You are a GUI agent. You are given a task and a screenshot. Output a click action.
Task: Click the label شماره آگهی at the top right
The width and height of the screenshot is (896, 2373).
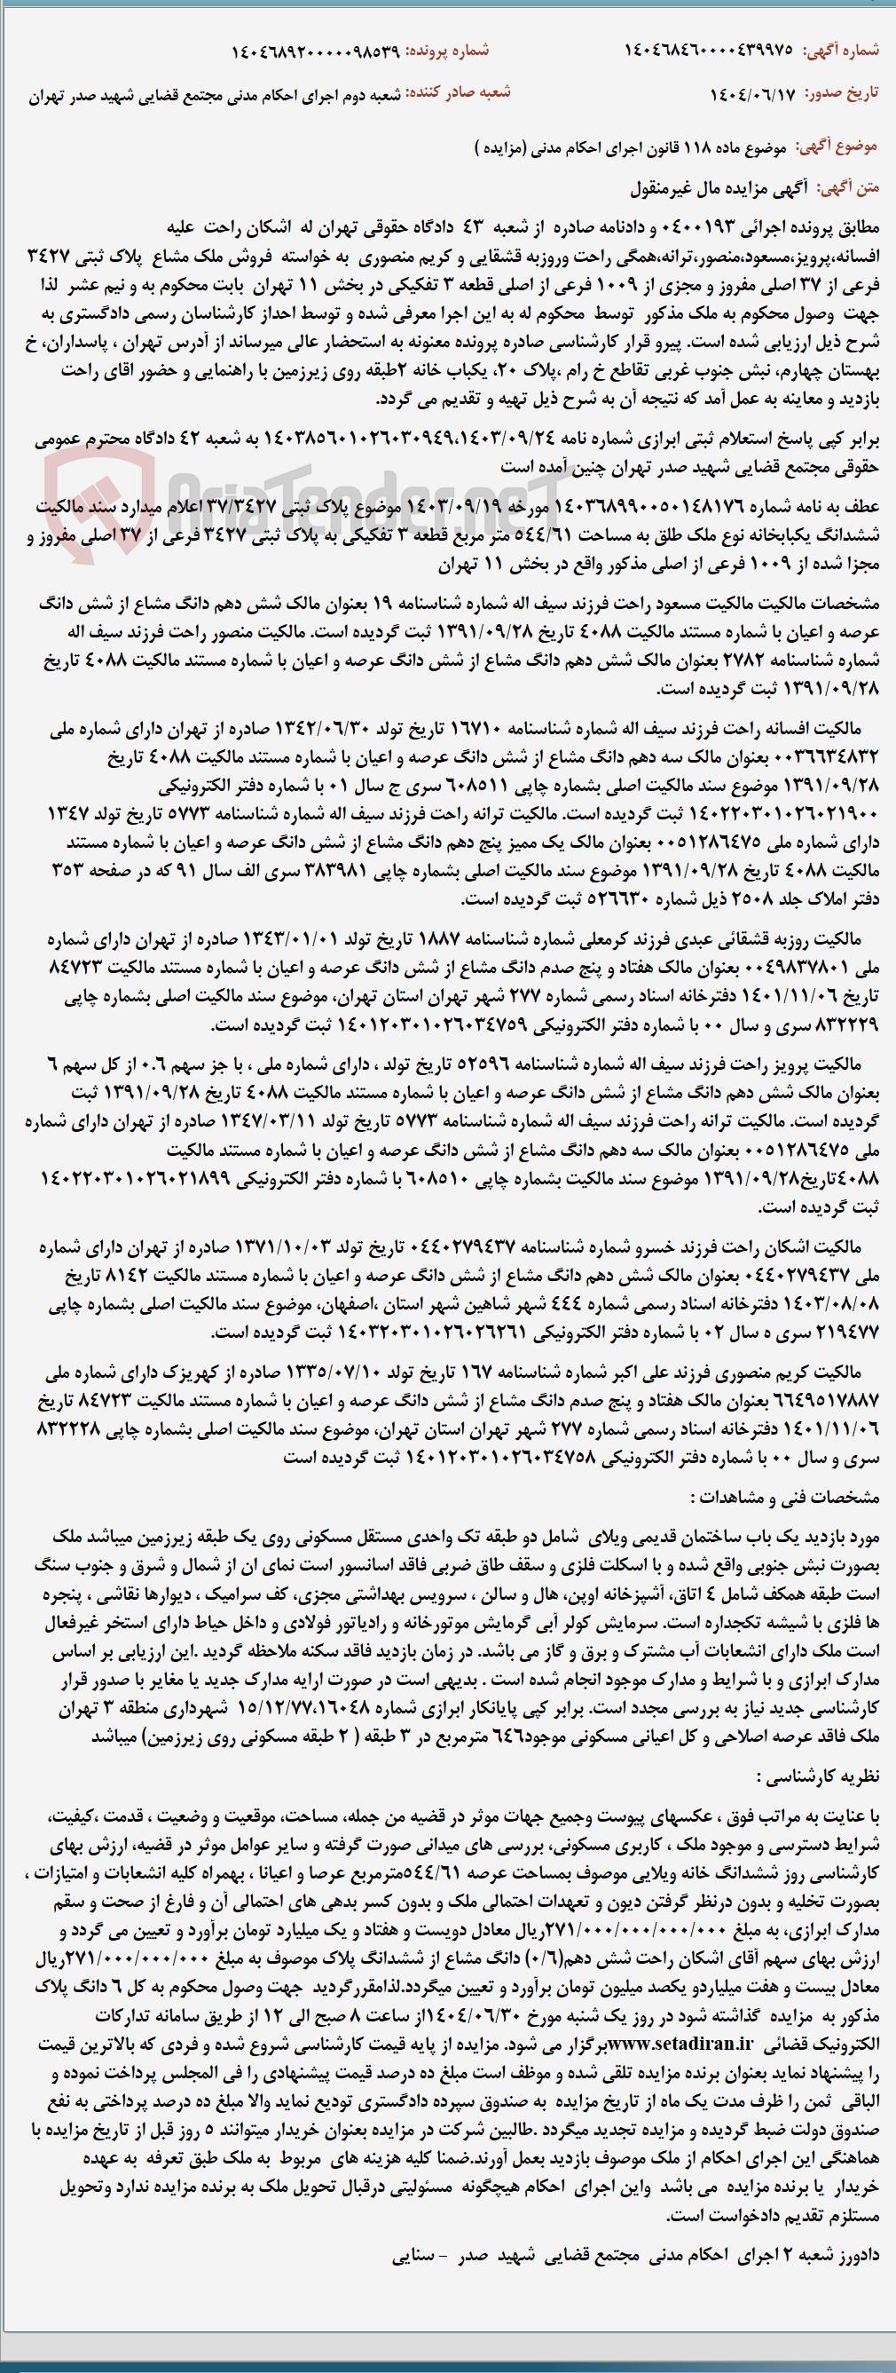841,51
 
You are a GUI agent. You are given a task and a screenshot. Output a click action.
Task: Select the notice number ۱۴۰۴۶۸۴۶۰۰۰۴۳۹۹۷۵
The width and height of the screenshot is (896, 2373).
707,51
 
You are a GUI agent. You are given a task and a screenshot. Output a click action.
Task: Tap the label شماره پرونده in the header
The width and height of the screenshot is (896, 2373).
447,51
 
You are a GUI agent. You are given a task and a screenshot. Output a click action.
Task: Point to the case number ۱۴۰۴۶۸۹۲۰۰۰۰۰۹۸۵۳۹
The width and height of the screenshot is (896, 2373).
314,51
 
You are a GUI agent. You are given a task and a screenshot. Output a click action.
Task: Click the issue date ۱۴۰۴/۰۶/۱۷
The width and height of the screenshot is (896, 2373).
751,95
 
